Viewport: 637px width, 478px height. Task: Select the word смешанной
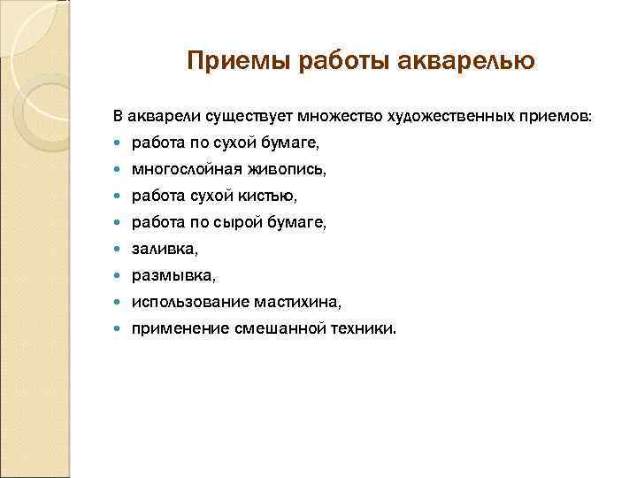pyautogui.click(x=275, y=329)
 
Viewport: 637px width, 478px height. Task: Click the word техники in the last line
pyautogui.click(x=365, y=329)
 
